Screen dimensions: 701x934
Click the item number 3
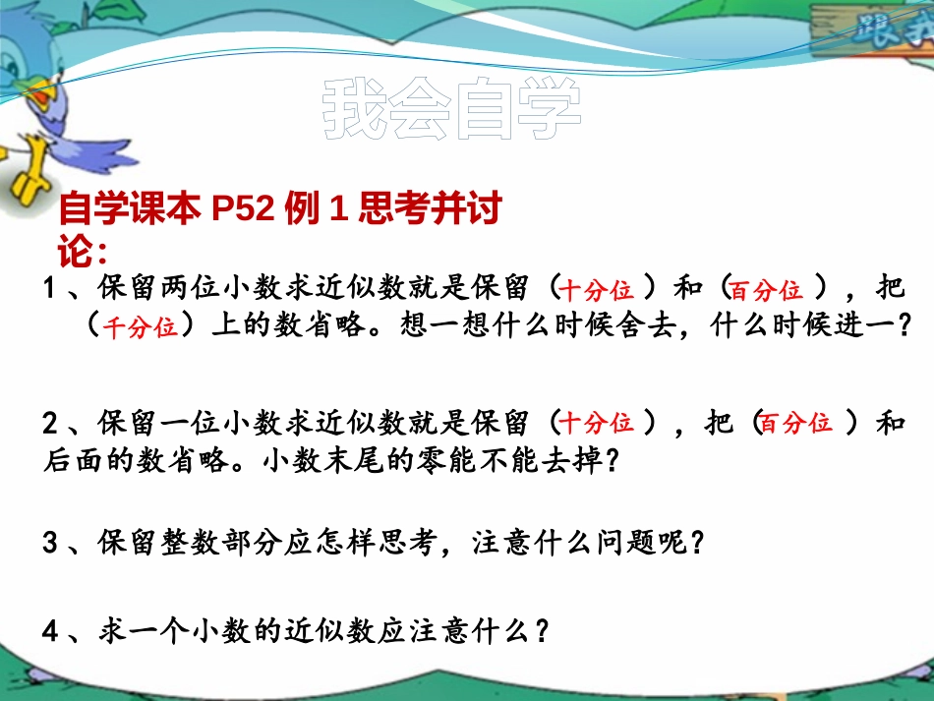tap(52, 542)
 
